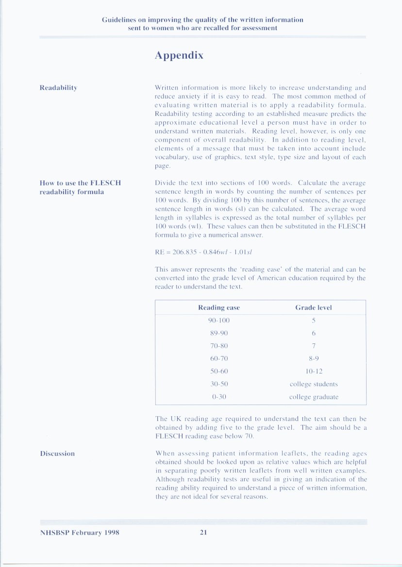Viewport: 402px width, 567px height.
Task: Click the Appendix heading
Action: [179, 56]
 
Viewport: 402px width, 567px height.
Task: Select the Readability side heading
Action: [58, 88]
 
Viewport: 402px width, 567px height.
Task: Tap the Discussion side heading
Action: [57, 454]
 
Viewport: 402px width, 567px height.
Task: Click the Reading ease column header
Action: [219, 308]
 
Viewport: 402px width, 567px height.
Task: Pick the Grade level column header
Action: [314, 308]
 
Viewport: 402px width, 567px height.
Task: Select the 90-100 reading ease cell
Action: [219, 321]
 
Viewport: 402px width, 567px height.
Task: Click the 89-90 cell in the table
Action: [219, 333]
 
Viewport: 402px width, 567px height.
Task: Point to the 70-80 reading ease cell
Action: [219, 346]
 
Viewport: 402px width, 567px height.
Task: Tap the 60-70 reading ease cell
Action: [219, 358]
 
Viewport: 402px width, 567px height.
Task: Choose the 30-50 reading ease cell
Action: [219, 384]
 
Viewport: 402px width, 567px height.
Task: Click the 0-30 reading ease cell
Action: [219, 397]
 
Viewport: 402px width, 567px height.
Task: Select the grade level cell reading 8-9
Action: [314, 358]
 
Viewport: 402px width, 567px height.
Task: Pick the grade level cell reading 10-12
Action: [314, 371]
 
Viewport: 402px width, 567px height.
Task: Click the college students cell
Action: [314, 384]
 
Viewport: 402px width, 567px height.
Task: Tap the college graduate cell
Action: [314, 397]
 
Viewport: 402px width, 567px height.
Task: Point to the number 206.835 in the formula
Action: [180, 252]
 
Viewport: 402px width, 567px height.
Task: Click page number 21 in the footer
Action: [203, 532]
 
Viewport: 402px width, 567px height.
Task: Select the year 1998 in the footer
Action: [111, 532]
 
